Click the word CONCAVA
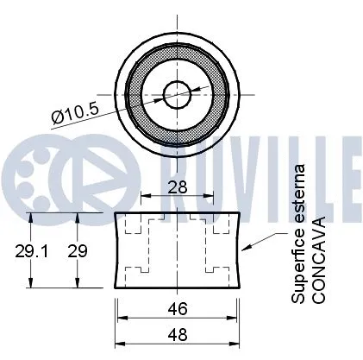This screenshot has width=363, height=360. click(x=318, y=260)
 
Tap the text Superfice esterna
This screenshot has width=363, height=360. click(x=298, y=233)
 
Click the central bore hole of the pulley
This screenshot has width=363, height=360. click(x=178, y=90)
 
